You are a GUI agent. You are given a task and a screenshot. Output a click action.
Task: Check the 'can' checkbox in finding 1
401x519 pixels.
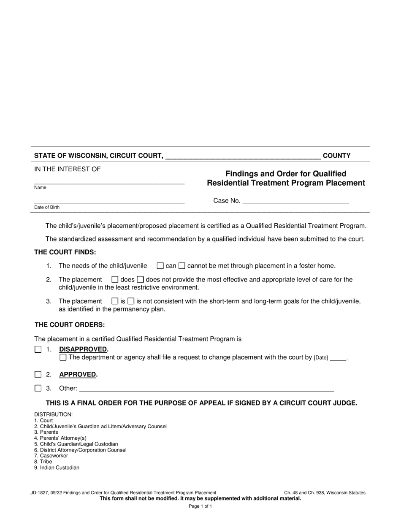click(160, 266)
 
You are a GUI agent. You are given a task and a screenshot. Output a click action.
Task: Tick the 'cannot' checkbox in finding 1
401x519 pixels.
click(182, 266)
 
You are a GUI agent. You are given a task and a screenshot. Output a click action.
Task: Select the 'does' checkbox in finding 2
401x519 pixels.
click(115, 279)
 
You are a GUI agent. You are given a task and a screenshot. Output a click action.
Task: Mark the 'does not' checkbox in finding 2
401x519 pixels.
click(141, 279)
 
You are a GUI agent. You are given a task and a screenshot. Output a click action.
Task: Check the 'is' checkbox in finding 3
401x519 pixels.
click(115, 301)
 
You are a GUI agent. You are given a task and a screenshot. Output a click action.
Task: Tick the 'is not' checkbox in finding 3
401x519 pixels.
click(131, 301)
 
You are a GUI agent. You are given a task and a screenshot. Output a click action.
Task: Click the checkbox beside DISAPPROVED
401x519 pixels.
click(38, 349)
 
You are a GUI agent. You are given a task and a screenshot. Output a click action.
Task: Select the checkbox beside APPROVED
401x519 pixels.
click(38, 374)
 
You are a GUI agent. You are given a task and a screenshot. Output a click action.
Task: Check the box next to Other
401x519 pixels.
click(38, 388)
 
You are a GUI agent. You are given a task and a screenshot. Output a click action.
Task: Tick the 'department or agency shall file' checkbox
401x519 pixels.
click(63, 357)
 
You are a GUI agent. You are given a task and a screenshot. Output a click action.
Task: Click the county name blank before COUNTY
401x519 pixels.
click(243, 156)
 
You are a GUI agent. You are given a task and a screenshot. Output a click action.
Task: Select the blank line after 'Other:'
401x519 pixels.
click(206, 388)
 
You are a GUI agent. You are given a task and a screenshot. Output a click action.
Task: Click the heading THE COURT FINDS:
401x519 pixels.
click(65, 252)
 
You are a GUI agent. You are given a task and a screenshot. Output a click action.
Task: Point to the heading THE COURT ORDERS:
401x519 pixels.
click(70, 325)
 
